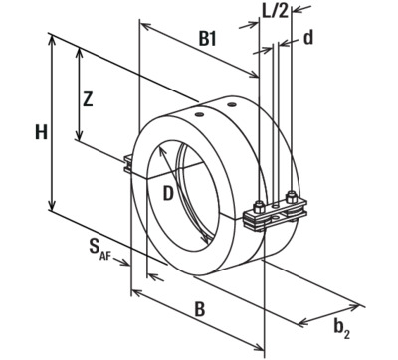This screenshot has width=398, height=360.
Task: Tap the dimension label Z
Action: coord(88,99)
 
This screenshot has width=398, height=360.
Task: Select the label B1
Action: coord(207,39)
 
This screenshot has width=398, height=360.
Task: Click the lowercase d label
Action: coord(308,38)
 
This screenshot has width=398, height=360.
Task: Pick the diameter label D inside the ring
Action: coord(168,193)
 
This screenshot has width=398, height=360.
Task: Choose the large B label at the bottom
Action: coord(199,309)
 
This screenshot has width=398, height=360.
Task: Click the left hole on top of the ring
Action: coord(199,115)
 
